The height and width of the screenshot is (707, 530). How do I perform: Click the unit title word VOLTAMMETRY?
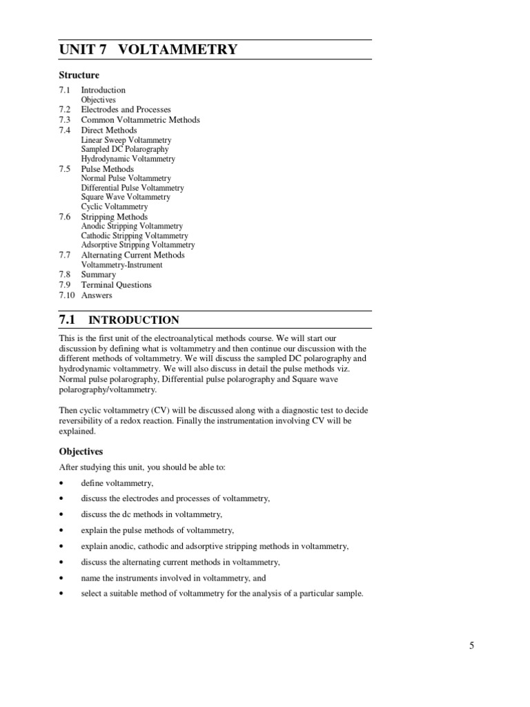point(178,49)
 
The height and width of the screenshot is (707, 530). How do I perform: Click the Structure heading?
point(79,75)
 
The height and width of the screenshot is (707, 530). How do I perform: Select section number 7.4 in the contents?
point(65,130)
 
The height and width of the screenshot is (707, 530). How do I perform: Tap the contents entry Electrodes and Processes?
point(126,110)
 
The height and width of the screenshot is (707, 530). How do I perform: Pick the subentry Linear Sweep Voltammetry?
point(126,140)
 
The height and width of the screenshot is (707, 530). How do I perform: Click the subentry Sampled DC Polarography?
point(124,149)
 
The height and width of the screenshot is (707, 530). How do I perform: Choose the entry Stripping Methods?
point(114,217)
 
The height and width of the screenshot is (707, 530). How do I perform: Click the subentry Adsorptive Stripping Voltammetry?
point(137,244)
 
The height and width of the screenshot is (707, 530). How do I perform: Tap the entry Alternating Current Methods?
point(132,255)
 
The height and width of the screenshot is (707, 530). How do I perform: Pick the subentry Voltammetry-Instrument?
point(121,264)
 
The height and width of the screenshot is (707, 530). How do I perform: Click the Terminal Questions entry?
point(116,284)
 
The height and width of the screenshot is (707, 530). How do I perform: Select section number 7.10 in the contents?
point(67,295)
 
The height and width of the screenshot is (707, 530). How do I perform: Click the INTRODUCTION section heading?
point(134,320)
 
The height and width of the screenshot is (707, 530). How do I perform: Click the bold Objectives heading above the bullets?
point(81,452)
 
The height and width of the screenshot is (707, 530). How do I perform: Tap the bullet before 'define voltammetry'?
point(62,483)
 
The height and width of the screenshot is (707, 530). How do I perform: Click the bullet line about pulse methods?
point(157,530)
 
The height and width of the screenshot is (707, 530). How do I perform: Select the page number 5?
point(472,646)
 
